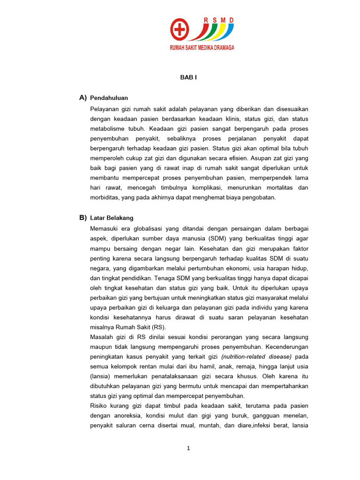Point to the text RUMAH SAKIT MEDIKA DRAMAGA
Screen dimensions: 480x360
pos(202,47)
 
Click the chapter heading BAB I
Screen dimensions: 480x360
pos(188,77)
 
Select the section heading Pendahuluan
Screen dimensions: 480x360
pos(109,98)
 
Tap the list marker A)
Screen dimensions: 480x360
pos(83,97)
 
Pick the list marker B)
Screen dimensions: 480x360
pos(83,217)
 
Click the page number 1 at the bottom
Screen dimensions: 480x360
pos(188,448)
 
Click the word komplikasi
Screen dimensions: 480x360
pos(218,188)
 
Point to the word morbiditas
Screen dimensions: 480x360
pos(105,198)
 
